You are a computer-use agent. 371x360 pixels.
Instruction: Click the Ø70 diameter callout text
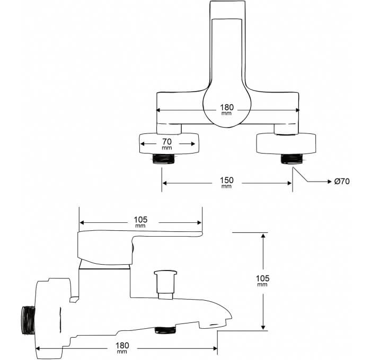coord(342,181)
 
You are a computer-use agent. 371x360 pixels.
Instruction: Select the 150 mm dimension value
coord(227,182)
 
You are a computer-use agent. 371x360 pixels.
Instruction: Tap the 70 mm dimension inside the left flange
coord(167,143)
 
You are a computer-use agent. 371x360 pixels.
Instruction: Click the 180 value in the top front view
coord(227,109)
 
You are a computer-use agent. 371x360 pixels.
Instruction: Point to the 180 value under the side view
coord(122,347)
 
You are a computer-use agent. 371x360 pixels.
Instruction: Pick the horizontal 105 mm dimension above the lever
coord(140,222)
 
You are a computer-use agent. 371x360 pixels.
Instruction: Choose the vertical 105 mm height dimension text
coord(262,281)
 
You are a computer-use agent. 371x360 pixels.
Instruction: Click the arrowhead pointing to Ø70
coord(330,182)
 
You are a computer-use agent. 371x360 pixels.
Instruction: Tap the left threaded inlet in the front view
coord(163,159)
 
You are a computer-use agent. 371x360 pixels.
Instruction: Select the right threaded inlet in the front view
coord(291,159)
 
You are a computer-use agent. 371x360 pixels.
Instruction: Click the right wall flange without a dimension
coord(286,143)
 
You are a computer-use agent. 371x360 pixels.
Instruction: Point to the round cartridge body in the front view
coord(227,106)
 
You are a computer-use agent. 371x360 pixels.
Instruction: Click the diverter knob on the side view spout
coord(165,284)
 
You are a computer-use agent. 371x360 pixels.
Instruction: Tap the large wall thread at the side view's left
coord(28,320)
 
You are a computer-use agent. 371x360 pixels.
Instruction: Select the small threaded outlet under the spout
coord(165,330)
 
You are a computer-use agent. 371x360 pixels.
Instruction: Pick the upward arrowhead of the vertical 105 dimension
coord(263,235)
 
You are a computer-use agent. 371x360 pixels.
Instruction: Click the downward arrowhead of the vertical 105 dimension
coord(263,327)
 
